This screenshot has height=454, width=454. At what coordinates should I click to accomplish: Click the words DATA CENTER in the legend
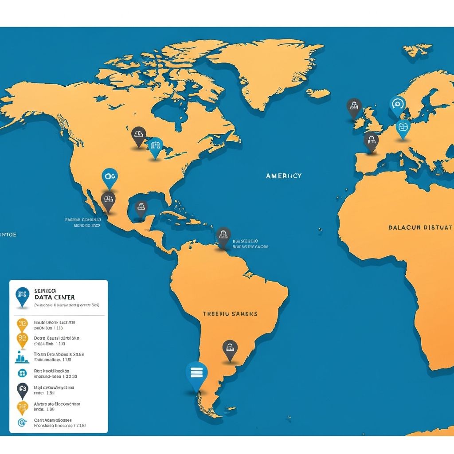click(x=54, y=297)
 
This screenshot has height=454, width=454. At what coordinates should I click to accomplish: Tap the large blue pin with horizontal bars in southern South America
click(x=196, y=373)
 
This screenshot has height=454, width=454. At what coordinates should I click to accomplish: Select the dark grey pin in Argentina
click(x=230, y=348)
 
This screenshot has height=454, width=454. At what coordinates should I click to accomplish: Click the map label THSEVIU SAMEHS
click(x=230, y=313)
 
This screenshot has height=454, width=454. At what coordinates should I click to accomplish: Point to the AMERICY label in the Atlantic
click(x=284, y=176)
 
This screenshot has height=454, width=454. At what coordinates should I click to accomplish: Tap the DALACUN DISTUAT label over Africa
click(x=420, y=227)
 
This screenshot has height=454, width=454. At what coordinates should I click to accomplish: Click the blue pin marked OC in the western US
click(x=110, y=176)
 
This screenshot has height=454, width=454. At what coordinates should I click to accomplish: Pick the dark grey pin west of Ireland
click(x=354, y=106)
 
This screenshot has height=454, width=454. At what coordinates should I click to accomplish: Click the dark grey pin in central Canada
click(x=138, y=134)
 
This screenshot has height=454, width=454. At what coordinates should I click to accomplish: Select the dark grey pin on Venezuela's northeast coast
click(x=223, y=235)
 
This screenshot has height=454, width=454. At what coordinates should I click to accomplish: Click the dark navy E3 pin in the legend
click(x=22, y=390)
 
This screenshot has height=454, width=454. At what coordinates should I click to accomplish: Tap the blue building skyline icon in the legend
click(x=22, y=357)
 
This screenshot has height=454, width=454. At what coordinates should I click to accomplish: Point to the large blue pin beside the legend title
click(x=22, y=296)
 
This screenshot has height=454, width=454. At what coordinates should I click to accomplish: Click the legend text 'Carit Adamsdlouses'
click(x=53, y=420)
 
